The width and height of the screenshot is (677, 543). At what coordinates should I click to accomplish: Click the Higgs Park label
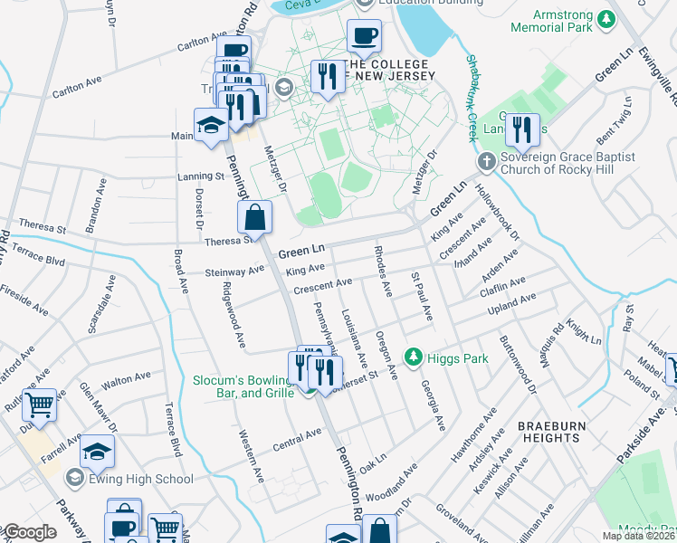point(459,358)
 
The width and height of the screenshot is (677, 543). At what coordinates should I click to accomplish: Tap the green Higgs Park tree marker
point(414,357)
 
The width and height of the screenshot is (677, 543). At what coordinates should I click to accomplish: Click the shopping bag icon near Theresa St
point(255,216)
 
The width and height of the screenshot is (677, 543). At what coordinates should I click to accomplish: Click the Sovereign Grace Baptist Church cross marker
point(487,163)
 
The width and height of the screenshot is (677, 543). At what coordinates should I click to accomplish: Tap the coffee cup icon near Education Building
point(365,37)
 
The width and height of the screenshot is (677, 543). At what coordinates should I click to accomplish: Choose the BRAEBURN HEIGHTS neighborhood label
point(548,431)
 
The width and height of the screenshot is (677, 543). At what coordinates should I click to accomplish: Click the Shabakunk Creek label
point(472,98)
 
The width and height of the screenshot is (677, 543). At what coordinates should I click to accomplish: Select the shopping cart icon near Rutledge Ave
point(39,405)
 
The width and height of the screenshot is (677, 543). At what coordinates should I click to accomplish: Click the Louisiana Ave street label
point(353,338)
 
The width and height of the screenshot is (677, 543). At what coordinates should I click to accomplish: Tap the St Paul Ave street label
point(421,295)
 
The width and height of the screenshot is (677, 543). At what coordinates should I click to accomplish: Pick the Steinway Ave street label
point(234,269)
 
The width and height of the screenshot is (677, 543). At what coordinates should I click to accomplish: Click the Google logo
point(29,532)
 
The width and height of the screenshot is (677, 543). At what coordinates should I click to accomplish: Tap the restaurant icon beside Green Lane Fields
point(522,129)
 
